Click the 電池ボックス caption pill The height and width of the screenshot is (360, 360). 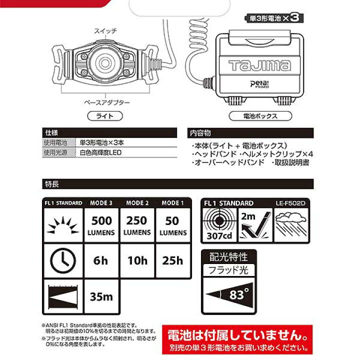(x=260, y=116)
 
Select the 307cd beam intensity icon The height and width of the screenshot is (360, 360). (x=219, y=224)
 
